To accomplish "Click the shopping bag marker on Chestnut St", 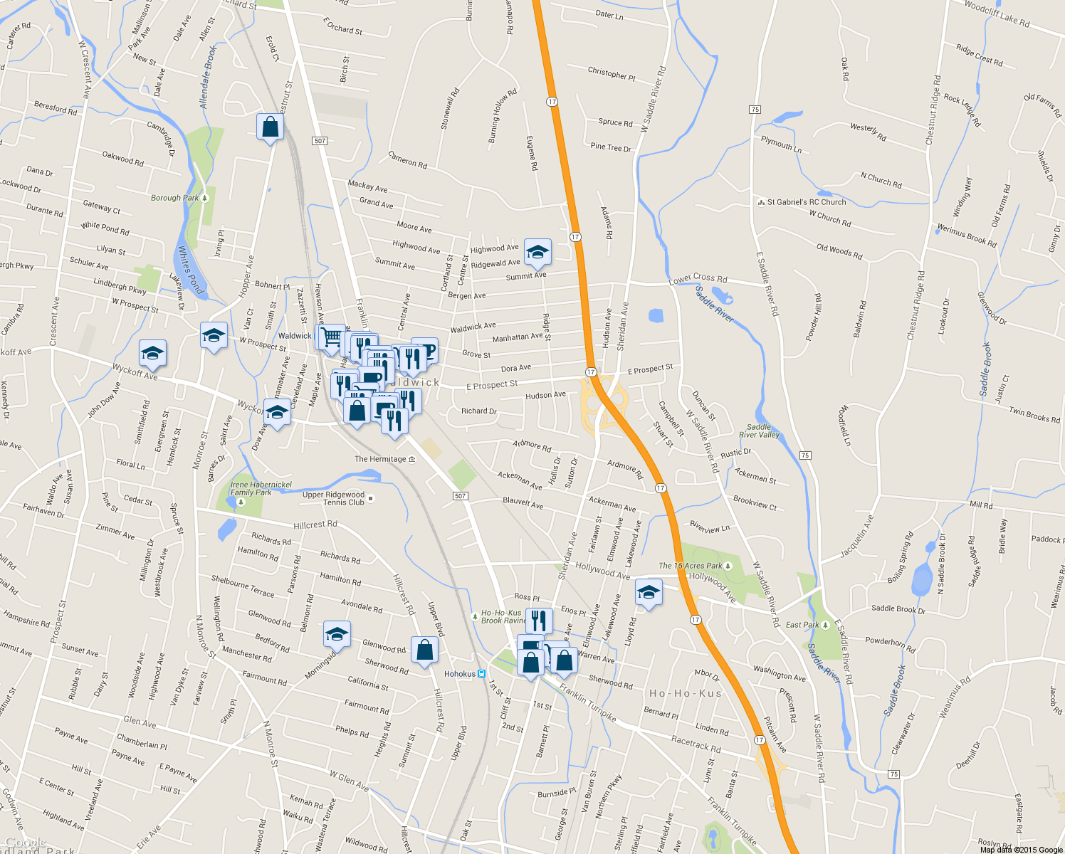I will tap(270, 127).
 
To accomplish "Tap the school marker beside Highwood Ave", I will tap(537, 252).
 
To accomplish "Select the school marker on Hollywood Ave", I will tap(649, 592).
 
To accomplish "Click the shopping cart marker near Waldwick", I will tap(330, 337).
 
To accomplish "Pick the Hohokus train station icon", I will tap(482, 673).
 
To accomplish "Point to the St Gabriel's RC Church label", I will tap(806, 202).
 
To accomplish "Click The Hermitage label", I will tap(381, 459).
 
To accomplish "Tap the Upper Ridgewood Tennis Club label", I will tap(333, 498).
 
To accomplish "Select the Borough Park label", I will tap(174, 198).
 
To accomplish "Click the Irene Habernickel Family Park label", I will tap(261, 488).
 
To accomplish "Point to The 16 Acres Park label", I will tap(691, 566).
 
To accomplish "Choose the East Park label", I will tap(802, 625).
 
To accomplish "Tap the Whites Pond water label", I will tap(190, 270).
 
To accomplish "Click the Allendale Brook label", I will tap(207, 77).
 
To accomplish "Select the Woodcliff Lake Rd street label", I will tap(997, 14).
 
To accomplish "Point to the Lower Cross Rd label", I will tap(698, 279).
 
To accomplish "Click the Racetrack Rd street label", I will tap(696, 744).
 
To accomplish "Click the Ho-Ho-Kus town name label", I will tap(685, 693).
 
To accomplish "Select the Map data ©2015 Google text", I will tap(1021, 850).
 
